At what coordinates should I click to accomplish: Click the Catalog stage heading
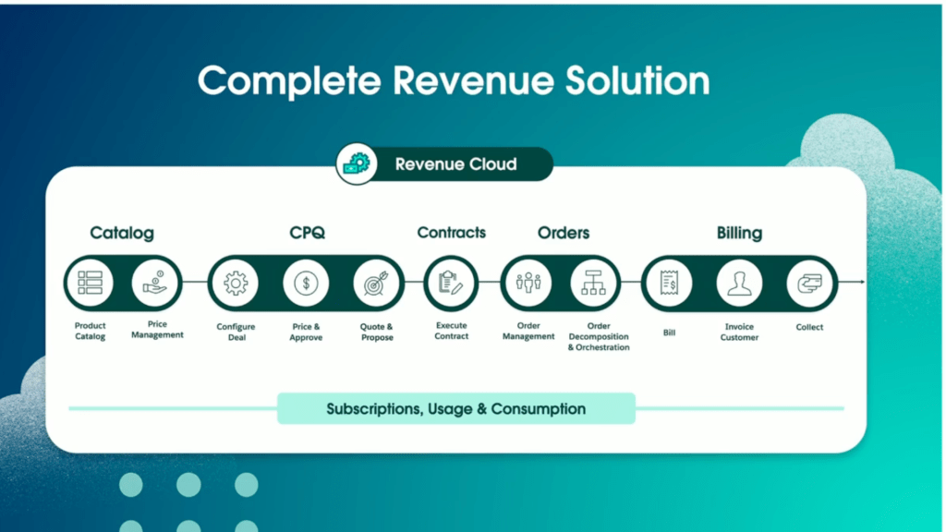pyautogui.click(x=122, y=233)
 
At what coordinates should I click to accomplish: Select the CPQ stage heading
pyautogui.click(x=307, y=233)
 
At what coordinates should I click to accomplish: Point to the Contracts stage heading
pyautogui.click(x=451, y=233)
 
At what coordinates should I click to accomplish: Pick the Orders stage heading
pyautogui.click(x=564, y=233)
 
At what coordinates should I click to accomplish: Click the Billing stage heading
pyautogui.click(x=739, y=233)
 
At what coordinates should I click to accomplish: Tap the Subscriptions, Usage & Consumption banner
pyautogui.click(x=456, y=408)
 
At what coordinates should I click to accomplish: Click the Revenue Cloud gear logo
pyautogui.click(x=355, y=164)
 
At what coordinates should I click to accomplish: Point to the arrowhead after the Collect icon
pyautogui.click(x=862, y=282)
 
